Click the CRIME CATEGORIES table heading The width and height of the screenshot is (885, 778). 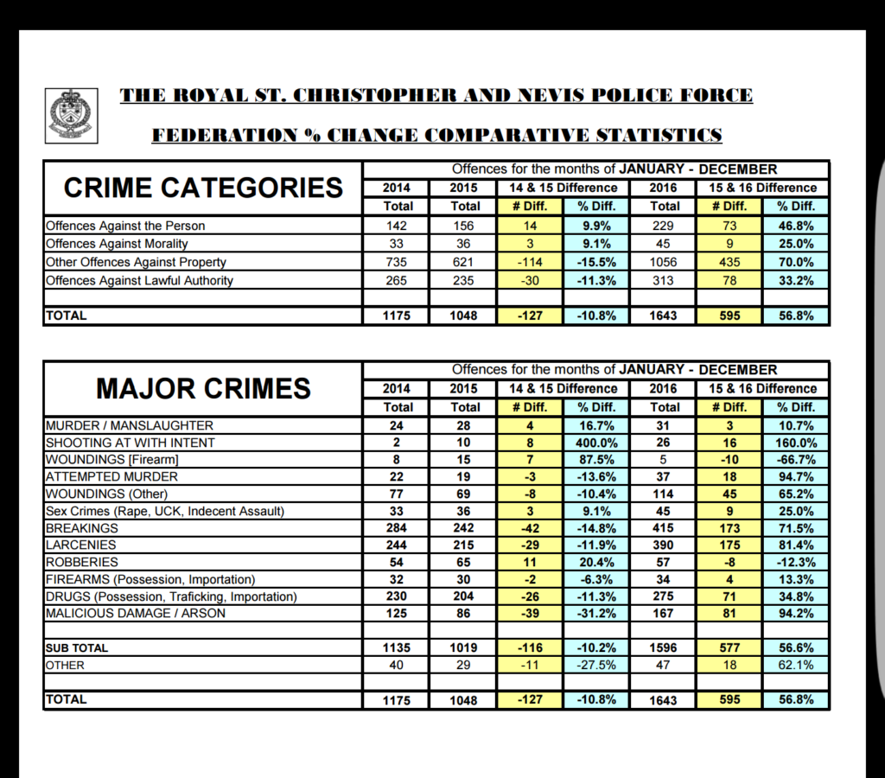tap(203, 188)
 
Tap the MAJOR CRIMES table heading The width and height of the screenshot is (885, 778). tap(203, 388)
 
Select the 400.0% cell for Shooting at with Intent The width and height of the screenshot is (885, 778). tap(596, 443)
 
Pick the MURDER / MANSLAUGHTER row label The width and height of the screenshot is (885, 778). tap(129, 425)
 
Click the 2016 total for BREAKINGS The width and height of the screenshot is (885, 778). tap(665, 528)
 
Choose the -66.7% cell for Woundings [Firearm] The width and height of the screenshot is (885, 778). tap(796, 460)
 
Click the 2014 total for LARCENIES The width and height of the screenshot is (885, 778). tap(398, 545)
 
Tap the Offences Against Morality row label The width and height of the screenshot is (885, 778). tap(117, 244)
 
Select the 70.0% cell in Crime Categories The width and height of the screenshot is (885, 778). tap(796, 262)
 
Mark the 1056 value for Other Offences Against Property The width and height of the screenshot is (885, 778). tap(665, 262)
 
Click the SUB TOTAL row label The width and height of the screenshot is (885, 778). tap(77, 647)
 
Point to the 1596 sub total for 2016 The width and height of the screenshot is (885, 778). tap(665, 647)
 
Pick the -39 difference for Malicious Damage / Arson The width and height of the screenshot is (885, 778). tap(530, 614)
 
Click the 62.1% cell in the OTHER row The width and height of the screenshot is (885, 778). tap(796, 666)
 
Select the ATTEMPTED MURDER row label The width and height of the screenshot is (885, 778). tap(111, 476)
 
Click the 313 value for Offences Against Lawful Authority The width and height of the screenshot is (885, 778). tap(665, 280)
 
